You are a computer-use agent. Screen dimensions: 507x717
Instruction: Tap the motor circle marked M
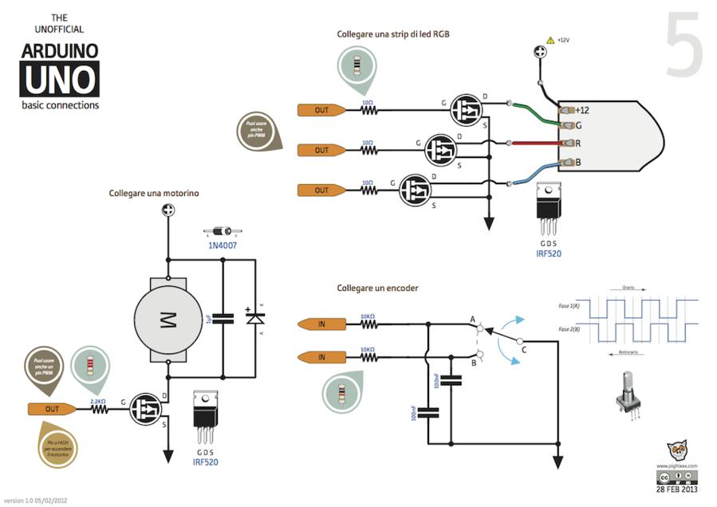point(168,319)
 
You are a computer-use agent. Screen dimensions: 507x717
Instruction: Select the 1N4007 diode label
point(223,245)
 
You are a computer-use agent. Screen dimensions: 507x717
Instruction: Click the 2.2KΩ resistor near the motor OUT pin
point(99,410)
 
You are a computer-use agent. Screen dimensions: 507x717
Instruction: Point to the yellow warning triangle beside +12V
point(550,40)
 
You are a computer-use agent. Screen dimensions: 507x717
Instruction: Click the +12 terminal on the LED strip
point(581,110)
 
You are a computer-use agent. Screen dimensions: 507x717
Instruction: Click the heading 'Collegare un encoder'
point(377,288)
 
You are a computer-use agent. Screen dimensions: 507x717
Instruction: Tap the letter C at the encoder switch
point(523,348)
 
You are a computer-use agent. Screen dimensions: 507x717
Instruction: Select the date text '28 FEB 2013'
point(676,489)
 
